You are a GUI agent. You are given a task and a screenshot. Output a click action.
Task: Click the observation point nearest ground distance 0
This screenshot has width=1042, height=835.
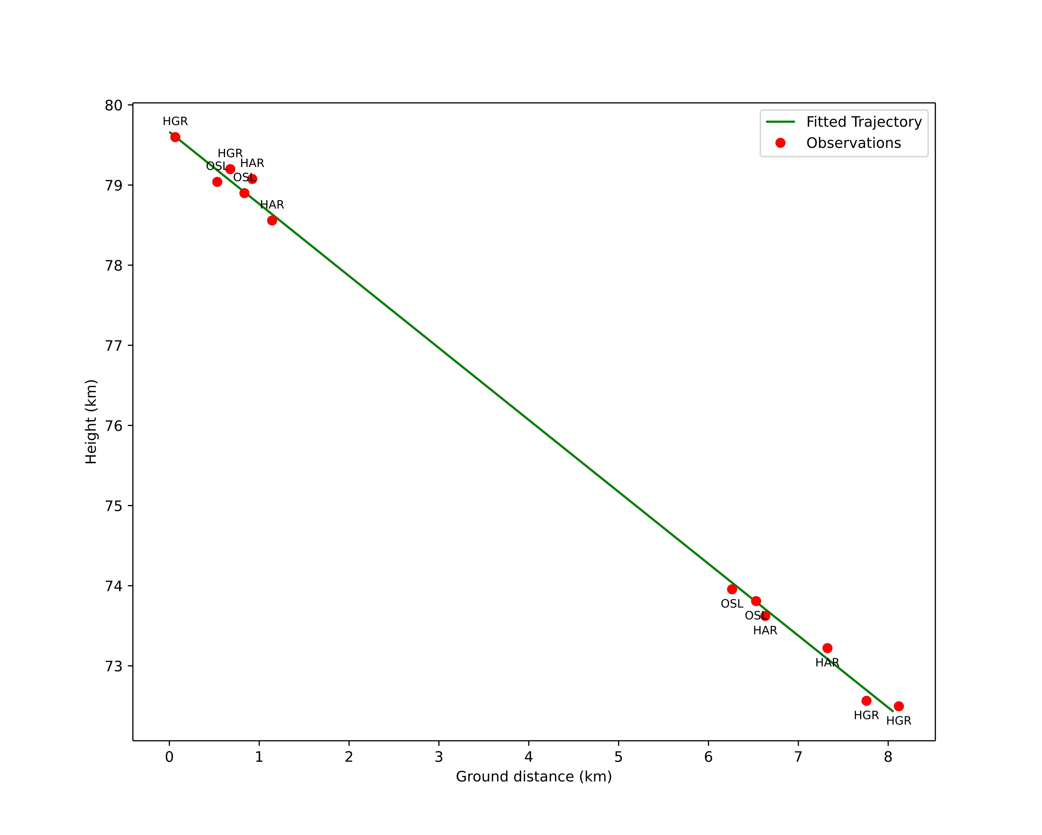point(175,137)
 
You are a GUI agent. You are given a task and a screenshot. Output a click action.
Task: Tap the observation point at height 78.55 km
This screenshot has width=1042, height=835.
point(272,220)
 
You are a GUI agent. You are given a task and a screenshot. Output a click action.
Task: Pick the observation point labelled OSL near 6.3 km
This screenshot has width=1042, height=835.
point(732,589)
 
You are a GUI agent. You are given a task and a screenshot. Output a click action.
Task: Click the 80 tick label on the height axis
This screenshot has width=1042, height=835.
point(114,105)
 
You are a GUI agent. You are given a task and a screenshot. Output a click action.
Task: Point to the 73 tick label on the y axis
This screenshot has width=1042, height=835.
point(114,666)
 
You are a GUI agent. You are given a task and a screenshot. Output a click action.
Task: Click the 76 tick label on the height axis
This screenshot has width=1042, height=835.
point(114,426)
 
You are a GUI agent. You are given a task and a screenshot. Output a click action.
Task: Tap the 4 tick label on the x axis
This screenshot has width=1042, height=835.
point(529,757)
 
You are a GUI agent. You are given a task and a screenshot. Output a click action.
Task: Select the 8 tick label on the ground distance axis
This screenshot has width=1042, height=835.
point(888,757)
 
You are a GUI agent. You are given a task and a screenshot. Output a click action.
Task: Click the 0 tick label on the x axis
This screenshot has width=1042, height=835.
point(169,757)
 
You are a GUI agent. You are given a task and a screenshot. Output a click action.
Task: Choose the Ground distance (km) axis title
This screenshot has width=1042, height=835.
point(534,777)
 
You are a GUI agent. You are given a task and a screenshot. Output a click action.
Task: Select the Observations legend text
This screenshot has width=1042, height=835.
point(854,143)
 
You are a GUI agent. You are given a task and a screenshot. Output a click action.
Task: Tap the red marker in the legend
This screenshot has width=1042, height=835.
point(780,143)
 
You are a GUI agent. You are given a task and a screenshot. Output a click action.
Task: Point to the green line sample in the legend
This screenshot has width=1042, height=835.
point(780,122)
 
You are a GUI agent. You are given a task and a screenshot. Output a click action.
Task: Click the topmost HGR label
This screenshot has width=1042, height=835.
point(175,121)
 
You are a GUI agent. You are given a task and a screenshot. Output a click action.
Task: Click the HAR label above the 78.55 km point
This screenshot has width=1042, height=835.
point(272,205)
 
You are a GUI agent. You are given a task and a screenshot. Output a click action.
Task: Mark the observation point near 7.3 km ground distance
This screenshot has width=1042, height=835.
point(827,648)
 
